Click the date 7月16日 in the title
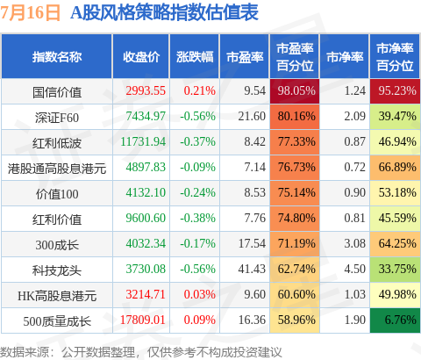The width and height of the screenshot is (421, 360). tap(30, 12)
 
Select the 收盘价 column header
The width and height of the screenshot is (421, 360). tap(141, 57)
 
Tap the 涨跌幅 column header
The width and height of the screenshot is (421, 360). tap(195, 57)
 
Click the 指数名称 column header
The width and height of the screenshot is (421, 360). tap(57, 57)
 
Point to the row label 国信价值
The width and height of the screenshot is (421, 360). tap(57, 92)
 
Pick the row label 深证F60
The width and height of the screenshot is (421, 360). tap(57, 118)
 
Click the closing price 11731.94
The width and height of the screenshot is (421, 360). tap(143, 142)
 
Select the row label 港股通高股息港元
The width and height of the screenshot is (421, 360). tap(57, 169)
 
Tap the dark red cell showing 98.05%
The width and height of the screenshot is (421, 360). tap(295, 91)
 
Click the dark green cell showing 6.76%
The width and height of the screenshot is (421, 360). tap(395, 320)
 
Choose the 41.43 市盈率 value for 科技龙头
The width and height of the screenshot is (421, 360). tap(252, 269)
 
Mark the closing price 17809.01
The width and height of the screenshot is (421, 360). tap(143, 320)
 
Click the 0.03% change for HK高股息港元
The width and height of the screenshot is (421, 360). tap(200, 294)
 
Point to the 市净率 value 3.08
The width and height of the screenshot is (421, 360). tap(354, 243)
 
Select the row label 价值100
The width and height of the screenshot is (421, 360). tap(57, 194)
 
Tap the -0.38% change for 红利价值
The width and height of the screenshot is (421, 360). tap(197, 218)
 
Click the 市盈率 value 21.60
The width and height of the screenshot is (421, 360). tap(252, 116)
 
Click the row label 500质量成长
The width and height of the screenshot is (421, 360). tap(57, 321)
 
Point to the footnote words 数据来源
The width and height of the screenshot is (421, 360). tap(25, 352)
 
